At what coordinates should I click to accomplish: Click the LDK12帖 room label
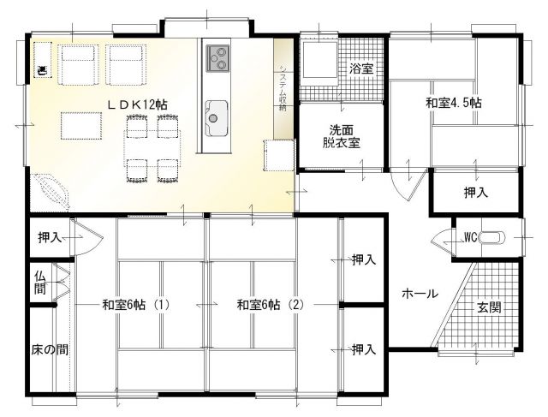click(137, 104)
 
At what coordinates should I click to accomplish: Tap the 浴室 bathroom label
click(361, 69)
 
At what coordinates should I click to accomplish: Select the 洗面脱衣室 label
click(342, 136)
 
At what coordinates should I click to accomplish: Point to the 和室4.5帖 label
click(454, 103)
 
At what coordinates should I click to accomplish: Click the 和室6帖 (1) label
click(136, 305)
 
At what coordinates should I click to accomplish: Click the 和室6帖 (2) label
click(271, 305)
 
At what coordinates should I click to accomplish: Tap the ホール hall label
click(420, 293)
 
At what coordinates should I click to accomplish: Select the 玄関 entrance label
click(489, 307)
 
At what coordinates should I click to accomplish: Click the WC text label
click(470, 238)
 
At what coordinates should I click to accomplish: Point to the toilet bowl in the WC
click(492, 238)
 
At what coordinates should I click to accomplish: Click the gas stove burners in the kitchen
click(217, 58)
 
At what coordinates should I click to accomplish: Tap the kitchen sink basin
click(217, 118)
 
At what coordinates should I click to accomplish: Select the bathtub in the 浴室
click(319, 59)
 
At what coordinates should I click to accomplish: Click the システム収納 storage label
click(283, 87)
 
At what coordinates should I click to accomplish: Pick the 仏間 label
click(40, 283)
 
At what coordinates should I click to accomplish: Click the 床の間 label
click(50, 349)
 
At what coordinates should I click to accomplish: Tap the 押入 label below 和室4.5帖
click(476, 193)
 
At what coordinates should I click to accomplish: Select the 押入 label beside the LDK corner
click(50, 238)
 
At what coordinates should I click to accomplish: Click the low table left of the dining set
click(81, 126)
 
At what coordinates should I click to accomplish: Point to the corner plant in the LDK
click(50, 193)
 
